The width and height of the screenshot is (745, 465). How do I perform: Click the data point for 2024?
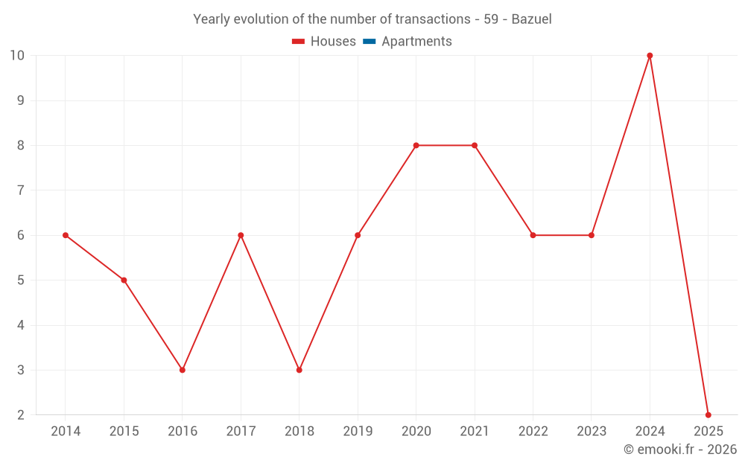[x=650, y=56]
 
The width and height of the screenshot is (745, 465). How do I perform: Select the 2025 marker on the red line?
[x=708, y=415]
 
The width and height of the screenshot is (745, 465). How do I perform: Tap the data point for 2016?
[x=183, y=370]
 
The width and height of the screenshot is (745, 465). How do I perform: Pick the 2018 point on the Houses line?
[x=299, y=370]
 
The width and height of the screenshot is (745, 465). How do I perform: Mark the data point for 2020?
[x=416, y=145]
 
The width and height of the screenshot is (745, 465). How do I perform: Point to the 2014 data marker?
[x=66, y=235]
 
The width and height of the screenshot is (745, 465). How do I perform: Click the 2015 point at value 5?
[x=124, y=280]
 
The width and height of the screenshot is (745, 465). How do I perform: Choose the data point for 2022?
[x=533, y=235]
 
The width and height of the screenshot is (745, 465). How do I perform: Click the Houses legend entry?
[x=332, y=42]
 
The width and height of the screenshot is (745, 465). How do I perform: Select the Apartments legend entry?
[x=416, y=42]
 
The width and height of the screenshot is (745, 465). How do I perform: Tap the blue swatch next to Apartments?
[x=369, y=42]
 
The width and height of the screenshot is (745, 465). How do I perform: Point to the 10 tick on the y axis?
[x=17, y=56]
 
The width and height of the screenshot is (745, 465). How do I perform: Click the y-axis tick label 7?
[x=21, y=190]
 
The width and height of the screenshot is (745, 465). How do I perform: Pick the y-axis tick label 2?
[x=21, y=415]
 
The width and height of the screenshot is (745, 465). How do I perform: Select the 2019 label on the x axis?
[x=358, y=432]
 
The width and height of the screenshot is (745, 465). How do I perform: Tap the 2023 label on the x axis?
[x=592, y=432]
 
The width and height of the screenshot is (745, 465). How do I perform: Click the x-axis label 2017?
[x=241, y=432]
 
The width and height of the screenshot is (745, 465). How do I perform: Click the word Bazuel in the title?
[x=531, y=19]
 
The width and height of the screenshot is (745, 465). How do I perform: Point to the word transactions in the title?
[x=434, y=19]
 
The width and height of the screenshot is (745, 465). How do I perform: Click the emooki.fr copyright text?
[x=680, y=449]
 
